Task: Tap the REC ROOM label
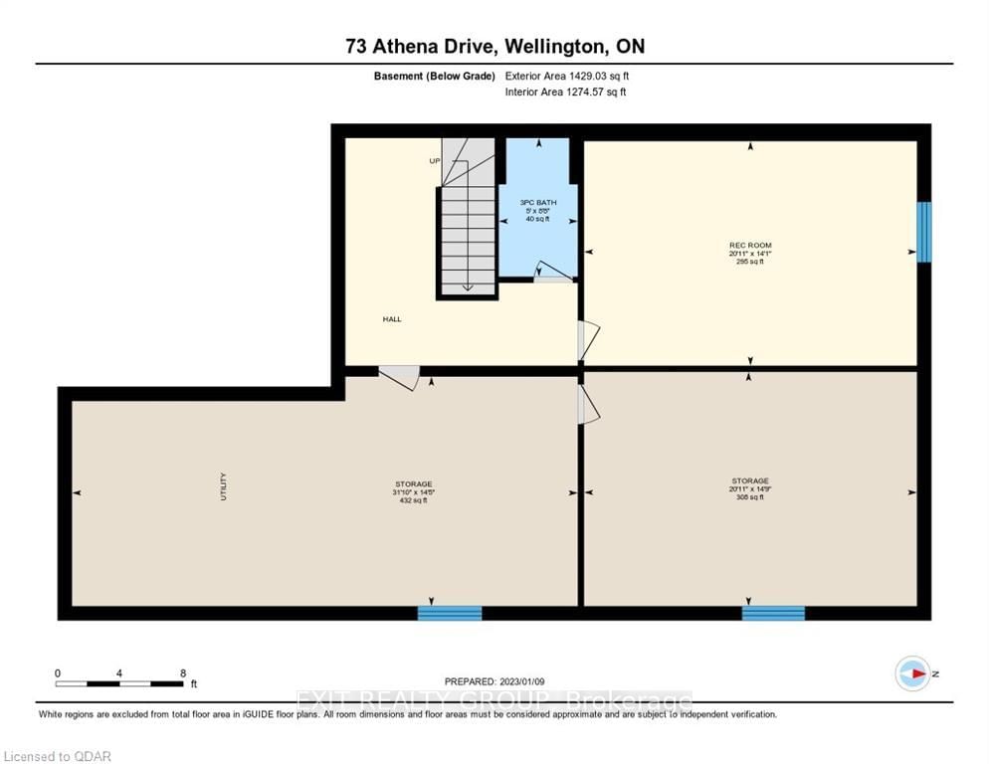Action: click(x=749, y=245)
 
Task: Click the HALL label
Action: click(x=392, y=319)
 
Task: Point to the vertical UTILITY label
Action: click(x=224, y=486)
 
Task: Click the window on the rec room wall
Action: click(x=923, y=232)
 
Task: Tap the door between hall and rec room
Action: click(x=588, y=340)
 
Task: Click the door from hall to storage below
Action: click(x=400, y=378)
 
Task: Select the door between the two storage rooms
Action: click(x=588, y=405)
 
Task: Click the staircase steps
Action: click(x=466, y=239)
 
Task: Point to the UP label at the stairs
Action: click(x=435, y=160)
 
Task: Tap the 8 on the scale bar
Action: click(x=183, y=673)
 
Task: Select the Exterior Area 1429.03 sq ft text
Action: click(x=567, y=76)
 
